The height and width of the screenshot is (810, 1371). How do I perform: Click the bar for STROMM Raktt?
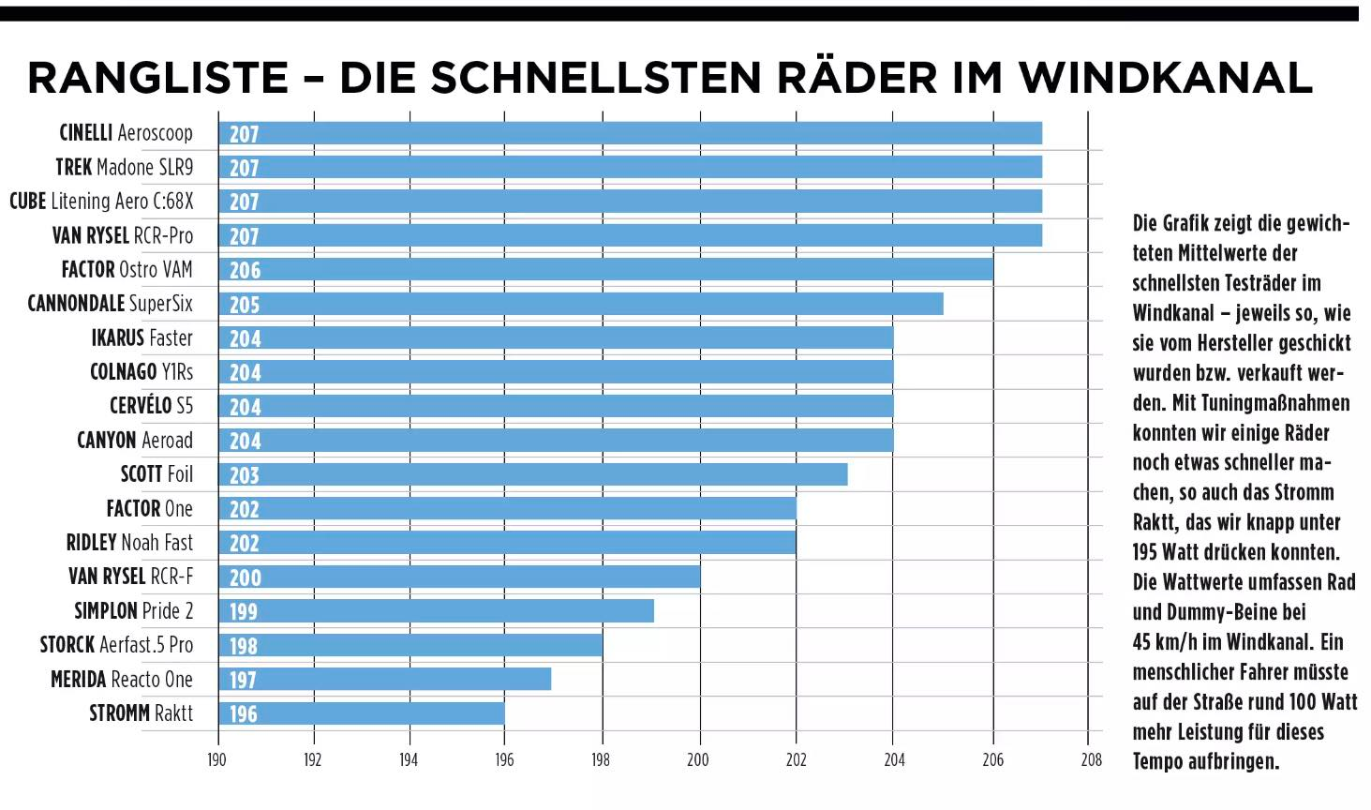pos(362,713)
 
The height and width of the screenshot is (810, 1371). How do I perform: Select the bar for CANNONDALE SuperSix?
pos(581,304)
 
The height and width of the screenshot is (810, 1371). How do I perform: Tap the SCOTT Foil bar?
pos(533,474)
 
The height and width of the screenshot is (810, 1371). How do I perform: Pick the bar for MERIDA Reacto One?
pos(385,679)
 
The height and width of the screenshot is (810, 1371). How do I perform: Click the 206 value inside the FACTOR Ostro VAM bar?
pos(246,270)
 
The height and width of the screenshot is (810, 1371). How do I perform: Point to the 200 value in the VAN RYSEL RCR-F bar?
pos(246,577)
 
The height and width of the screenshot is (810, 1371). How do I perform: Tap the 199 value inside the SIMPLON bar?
pos(244,611)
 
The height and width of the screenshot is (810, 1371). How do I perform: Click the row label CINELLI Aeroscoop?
pos(126,133)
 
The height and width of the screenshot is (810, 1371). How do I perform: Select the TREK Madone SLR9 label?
pos(124,167)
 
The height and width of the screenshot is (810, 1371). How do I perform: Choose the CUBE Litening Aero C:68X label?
pos(101,201)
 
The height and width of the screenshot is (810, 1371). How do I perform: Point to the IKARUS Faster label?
pos(142,337)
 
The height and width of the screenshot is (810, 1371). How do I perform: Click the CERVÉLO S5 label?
pos(151,406)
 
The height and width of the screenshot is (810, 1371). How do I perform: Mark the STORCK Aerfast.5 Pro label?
pos(116,645)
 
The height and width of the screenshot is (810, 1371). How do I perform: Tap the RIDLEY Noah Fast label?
pos(129,543)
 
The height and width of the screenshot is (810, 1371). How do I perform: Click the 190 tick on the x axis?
pos(216,759)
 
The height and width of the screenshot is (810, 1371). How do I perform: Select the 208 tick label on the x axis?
pos(1091,759)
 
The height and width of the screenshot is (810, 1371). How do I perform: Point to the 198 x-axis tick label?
pos(601,759)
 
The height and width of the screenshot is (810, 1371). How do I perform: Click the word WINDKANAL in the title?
pos(1166,78)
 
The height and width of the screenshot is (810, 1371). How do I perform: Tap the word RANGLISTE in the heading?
pos(157,78)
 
